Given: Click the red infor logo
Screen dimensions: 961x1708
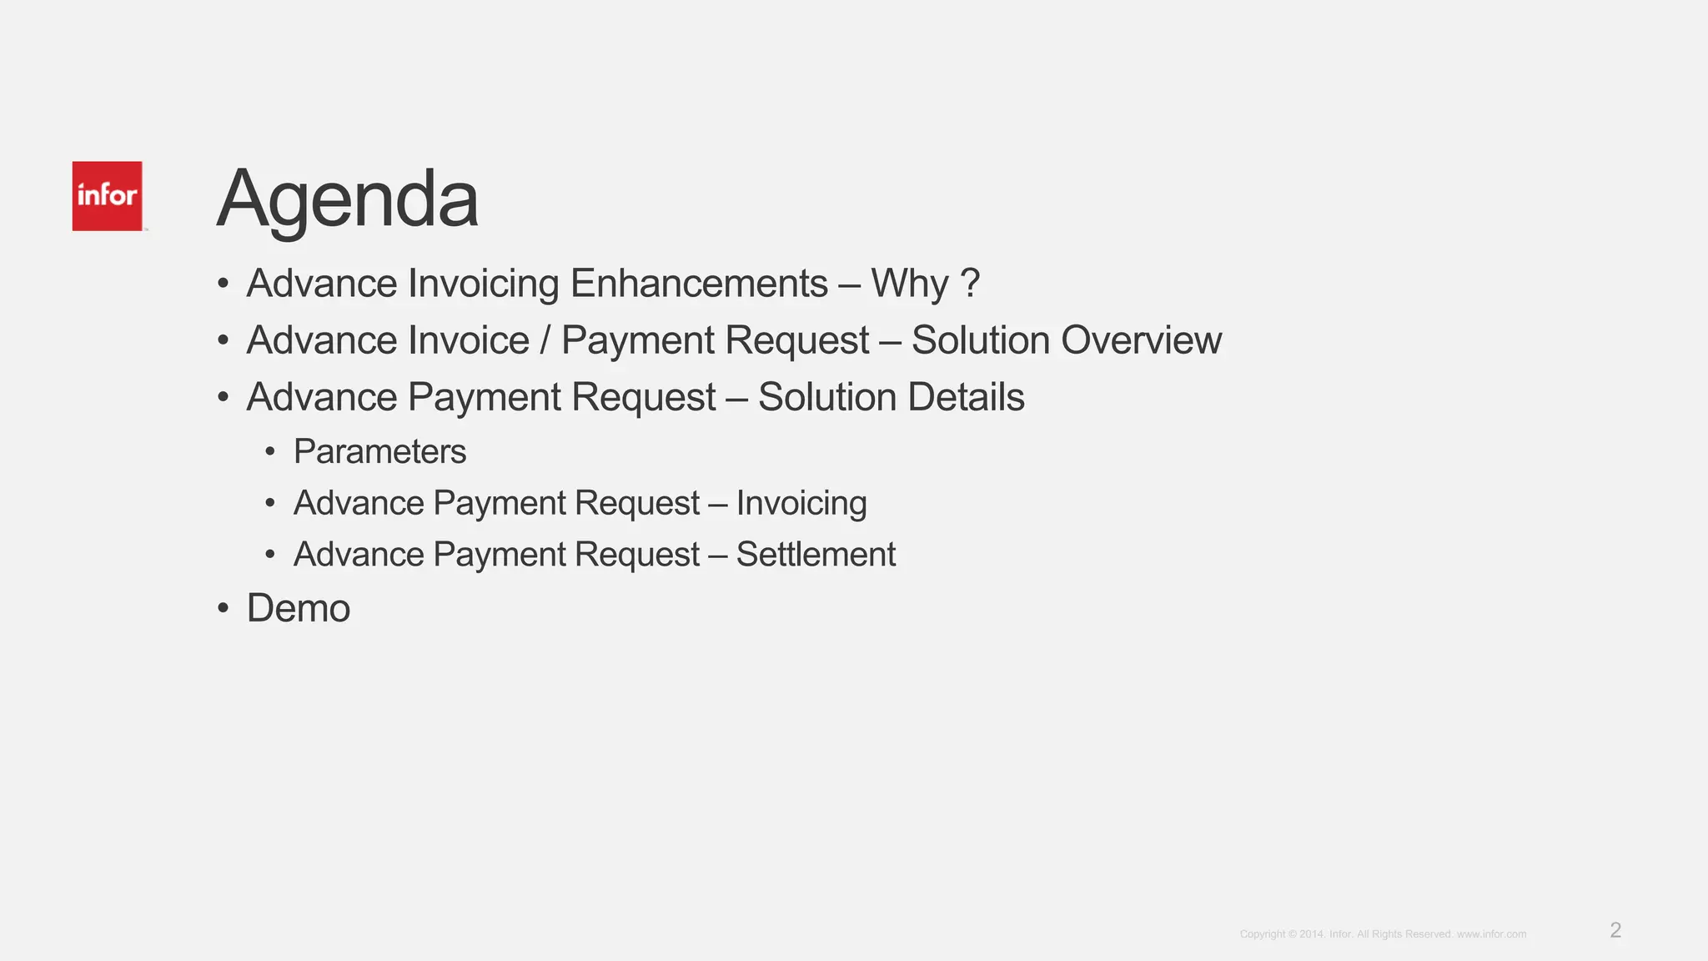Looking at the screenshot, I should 107,196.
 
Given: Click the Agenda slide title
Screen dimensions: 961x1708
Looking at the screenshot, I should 347,199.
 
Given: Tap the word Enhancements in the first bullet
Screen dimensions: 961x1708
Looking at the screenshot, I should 699,284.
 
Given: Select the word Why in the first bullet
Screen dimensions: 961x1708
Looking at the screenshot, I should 909,284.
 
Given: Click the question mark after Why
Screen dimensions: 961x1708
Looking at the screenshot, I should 969,284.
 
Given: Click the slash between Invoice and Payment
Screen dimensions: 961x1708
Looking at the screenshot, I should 545,340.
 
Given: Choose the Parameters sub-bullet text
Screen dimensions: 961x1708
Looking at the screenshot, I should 379,452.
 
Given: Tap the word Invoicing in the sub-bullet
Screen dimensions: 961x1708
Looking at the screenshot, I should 801,503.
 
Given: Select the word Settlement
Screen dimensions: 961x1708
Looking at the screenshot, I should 816,555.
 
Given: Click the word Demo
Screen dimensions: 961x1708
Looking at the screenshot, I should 298,608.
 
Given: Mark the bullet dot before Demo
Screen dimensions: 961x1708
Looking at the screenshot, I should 223,608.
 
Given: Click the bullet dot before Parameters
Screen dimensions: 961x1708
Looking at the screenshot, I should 269,452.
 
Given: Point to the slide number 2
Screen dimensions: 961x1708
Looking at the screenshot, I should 1615,930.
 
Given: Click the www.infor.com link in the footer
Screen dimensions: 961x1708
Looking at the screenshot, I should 1491,934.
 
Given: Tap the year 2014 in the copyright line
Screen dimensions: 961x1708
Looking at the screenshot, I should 1311,934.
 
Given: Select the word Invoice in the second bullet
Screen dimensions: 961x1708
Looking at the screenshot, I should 471,340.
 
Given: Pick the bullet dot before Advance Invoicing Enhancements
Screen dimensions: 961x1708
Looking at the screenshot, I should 223,284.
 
